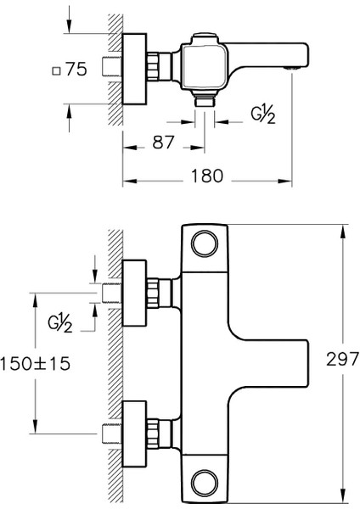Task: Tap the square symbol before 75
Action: (56, 71)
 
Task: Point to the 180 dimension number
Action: (206, 176)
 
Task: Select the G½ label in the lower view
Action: (59, 322)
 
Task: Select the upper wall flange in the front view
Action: (134, 294)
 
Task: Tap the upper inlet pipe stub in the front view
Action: (110, 294)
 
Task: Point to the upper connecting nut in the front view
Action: (157, 294)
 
